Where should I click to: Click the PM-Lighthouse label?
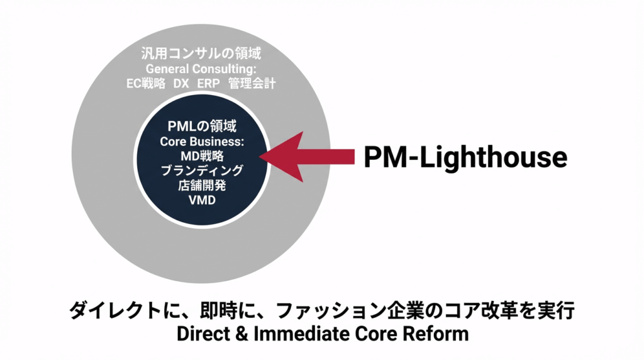pos(465,157)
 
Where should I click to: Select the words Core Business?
pos(202,142)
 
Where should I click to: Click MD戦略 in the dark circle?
pos(202,156)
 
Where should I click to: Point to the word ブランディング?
pos(202,171)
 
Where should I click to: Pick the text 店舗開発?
pos(202,185)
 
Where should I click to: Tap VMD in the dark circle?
pos(202,200)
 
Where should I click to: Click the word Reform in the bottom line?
pos(438,334)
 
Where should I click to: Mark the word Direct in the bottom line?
pos(203,334)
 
